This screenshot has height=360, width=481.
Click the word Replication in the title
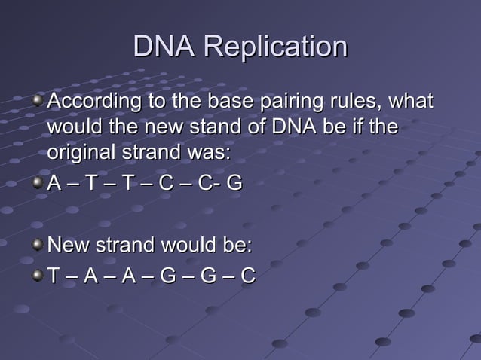coord(275,47)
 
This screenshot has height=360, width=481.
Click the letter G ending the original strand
coord(234,184)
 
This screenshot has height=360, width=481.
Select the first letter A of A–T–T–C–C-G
coord(54,184)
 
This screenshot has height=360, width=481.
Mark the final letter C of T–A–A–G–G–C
coord(247,278)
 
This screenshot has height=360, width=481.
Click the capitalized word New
coord(66,246)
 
